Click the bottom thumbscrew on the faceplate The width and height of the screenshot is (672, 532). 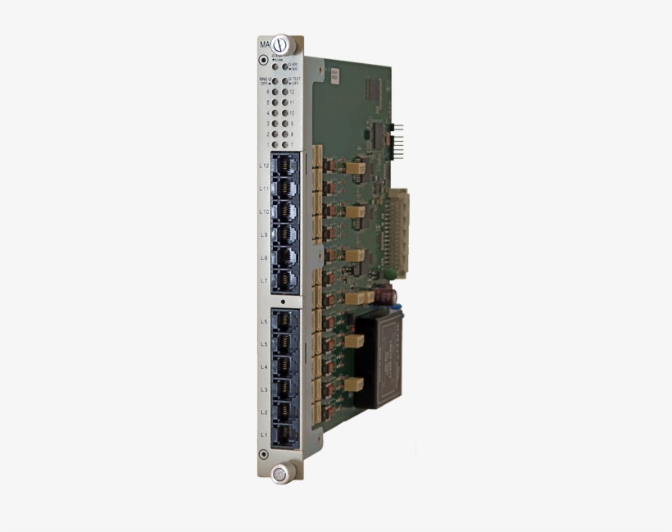(x=280, y=472)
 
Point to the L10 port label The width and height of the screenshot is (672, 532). (x=264, y=211)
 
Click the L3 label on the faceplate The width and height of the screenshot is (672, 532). (x=264, y=389)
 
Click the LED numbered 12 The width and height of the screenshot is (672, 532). (x=284, y=93)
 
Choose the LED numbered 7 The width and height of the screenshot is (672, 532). (x=284, y=144)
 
